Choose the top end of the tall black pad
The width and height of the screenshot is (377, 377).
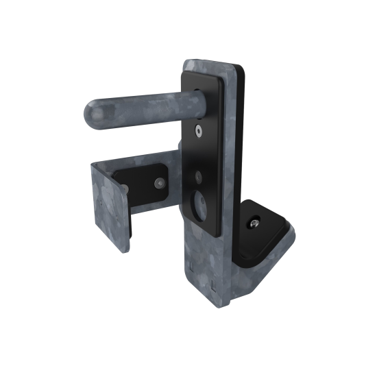point(206,76)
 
